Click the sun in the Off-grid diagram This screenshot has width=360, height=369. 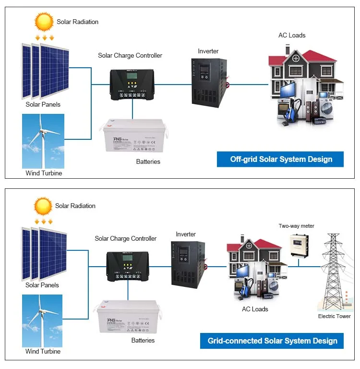pyautogui.click(x=44, y=21)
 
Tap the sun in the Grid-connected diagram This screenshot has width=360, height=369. pyautogui.click(x=43, y=206)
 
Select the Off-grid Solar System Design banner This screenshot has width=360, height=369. pyautogui.click(x=280, y=159)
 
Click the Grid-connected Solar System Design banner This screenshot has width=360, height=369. pyautogui.click(x=272, y=341)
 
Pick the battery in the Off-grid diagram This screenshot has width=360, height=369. pyautogui.click(x=135, y=136)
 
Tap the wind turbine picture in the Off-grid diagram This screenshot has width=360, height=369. pyautogui.click(x=43, y=141)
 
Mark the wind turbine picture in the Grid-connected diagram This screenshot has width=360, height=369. pyautogui.click(x=43, y=320)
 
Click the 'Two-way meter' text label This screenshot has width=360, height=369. pyautogui.click(x=296, y=226)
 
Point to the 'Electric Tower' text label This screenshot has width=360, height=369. pyautogui.click(x=334, y=316)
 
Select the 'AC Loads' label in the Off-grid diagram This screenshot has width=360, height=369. pyautogui.click(x=292, y=36)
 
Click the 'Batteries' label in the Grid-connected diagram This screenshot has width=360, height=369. pyautogui.click(x=143, y=340)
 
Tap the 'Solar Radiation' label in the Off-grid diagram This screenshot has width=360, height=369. pyautogui.click(x=77, y=22)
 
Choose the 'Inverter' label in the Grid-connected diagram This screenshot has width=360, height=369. pyautogui.click(x=186, y=234)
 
